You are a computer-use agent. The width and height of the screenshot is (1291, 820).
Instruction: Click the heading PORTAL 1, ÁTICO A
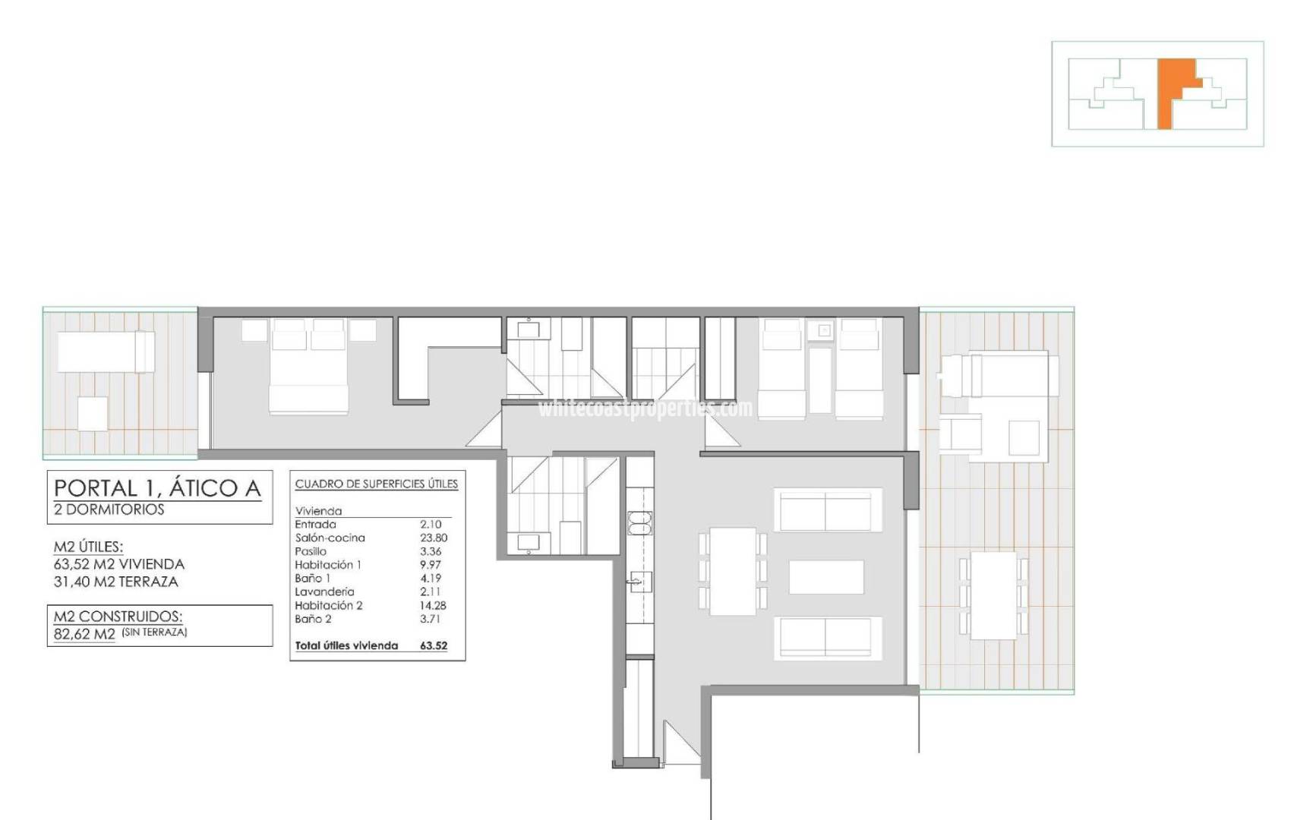[158, 487]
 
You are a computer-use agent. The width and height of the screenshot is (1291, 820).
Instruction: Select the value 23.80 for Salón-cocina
[434, 538]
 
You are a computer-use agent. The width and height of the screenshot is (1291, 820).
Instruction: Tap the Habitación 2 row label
[329, 605]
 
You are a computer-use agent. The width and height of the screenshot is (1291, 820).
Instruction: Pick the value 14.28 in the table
[433, 605]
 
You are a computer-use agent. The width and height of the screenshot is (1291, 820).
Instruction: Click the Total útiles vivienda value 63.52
[434, 646]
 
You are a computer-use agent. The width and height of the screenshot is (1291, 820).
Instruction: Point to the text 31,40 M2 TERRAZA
[116, 582]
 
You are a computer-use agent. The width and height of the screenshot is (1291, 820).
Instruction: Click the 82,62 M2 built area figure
[84, 634]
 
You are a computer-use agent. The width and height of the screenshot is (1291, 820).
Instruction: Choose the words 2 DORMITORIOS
[109, 509]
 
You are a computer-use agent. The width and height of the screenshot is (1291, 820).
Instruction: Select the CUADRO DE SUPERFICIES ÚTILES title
[377, 484]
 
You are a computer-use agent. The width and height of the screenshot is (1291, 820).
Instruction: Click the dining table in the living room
[733, 571]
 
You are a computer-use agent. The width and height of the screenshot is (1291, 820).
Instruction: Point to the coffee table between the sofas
[826, 577]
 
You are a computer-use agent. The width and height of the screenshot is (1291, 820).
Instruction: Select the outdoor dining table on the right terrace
[994, 595]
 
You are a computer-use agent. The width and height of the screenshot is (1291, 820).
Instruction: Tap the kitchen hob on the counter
[639, 523]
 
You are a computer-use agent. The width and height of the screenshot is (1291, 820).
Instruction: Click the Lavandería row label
[324, 591]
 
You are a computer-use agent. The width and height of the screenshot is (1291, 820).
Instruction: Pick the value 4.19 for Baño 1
[431, 578]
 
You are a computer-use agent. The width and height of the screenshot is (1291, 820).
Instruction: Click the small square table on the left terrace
[93, 414]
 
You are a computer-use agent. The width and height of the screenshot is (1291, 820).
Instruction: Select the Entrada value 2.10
[431, 524]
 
